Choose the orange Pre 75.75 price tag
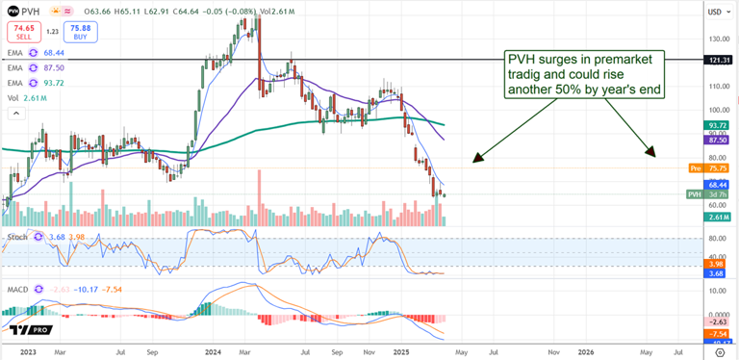709,168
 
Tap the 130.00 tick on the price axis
716,39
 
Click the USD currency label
715,12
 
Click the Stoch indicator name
15,236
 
